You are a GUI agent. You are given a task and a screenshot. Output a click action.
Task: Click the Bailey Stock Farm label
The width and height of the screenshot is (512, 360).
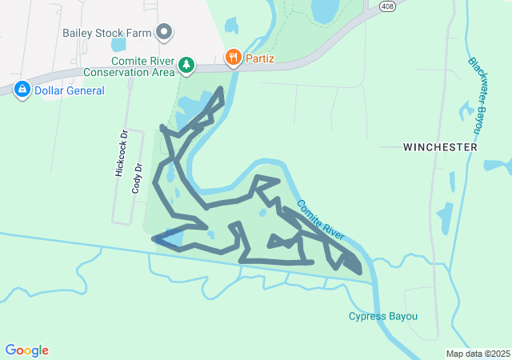pyautogui.click(x=107, y=34)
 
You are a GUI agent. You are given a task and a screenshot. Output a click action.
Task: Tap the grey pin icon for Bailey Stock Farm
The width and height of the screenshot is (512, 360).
pyautogui.click(x=165, y=33)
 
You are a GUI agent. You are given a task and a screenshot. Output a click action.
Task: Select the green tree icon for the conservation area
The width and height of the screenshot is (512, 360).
pyautogui.click(x=186, y=65)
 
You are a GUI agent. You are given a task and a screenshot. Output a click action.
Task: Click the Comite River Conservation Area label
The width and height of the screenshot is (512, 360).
pyautogui.click(x=142, y=66)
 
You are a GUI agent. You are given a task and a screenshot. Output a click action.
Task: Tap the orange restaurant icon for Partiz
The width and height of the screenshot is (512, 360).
pyautogui.click(x=233, y=57)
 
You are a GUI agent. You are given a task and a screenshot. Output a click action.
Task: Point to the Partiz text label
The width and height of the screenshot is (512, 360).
pyautogui.click(x=261, y=58)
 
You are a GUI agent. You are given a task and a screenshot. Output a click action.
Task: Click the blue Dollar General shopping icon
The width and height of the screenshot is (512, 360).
pyautogui.click(x=22, y=90)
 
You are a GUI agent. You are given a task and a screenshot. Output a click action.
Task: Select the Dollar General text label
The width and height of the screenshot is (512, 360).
pyautogui.click(x=70, y=90)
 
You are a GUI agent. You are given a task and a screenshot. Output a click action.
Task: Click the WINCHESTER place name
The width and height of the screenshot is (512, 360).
pyautogui.click(x=440, y=147)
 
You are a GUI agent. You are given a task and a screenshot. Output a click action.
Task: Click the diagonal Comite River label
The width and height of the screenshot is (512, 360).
pyautogui.click(x=319, y=219)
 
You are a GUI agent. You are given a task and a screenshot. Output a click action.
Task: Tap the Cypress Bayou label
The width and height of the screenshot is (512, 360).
pyautogui.click(x=383, y=316)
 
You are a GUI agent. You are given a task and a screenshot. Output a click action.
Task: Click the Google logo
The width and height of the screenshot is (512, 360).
pyautogui.click(x=26, y=350)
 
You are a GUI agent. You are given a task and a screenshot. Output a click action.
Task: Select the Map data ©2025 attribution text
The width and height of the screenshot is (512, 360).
pyautogui.click(x=478, y=354)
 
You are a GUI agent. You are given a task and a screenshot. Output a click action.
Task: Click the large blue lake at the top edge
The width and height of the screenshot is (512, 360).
pyautogui.click(x=325, y=10)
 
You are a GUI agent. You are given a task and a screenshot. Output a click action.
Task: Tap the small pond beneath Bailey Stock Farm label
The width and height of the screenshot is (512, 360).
pyautogui.click(x=119, y=46)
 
